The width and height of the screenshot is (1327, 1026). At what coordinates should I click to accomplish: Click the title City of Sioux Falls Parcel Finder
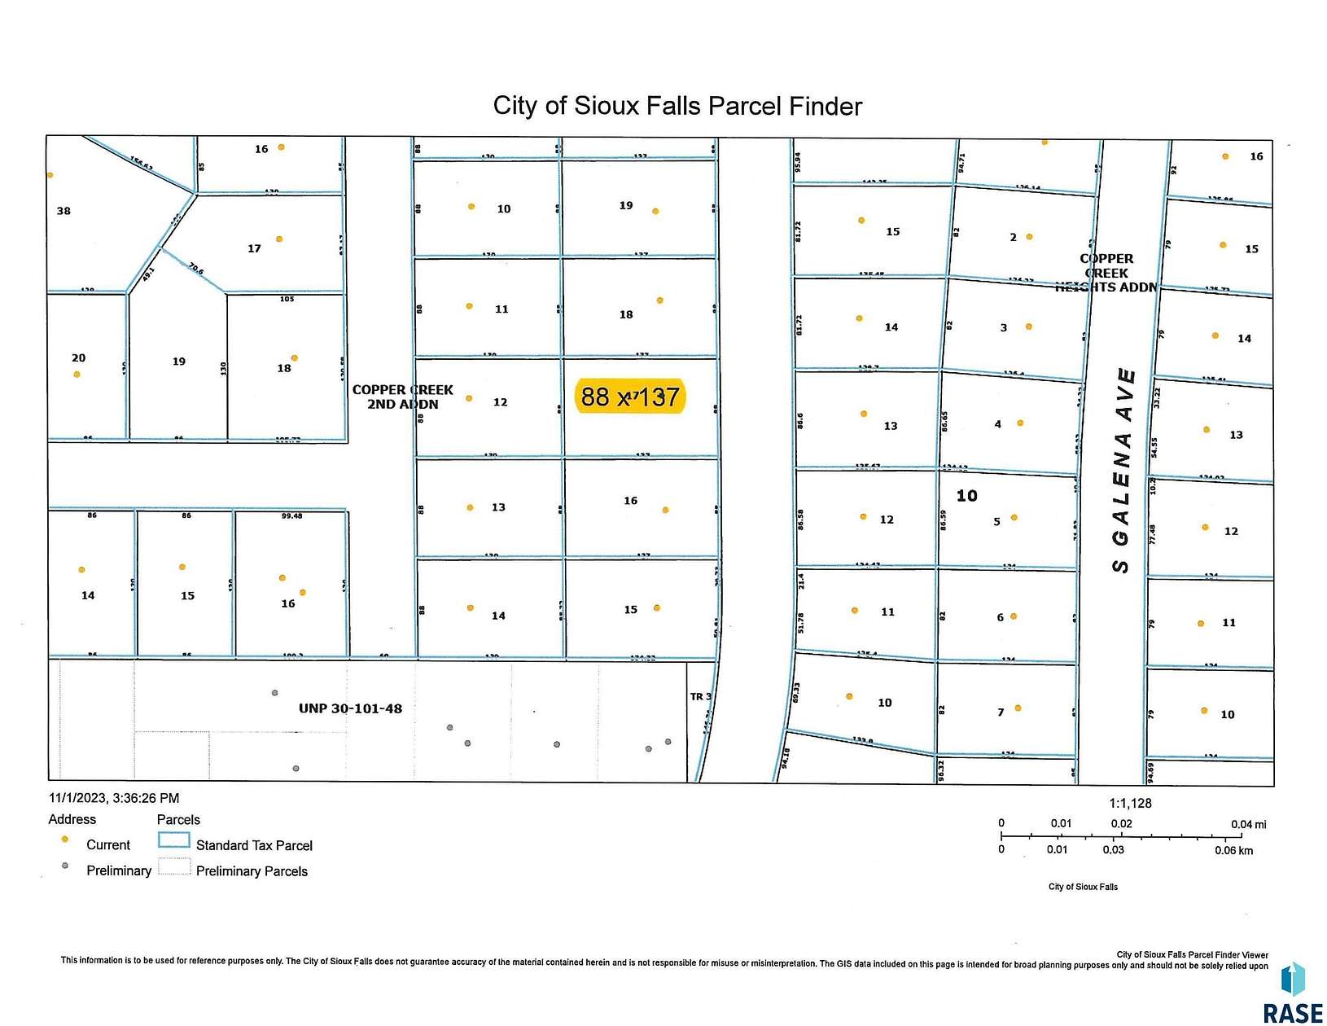(x=677, y=107)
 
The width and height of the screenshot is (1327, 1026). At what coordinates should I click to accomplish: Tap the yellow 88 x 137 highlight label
(x=630, y=397)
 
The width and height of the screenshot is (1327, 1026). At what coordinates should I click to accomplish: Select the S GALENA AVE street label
(x=1123, y=471)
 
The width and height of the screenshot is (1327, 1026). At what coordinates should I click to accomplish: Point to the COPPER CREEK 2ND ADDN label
(x=402, y=397)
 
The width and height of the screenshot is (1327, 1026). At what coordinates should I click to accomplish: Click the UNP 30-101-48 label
(x=350, y=708)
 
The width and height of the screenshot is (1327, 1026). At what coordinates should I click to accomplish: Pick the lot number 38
(x=64, y=211)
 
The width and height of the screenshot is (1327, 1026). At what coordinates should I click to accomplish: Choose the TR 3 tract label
(x=700, y=696)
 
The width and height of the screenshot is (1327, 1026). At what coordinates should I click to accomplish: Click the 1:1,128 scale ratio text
(x=1130, y=803)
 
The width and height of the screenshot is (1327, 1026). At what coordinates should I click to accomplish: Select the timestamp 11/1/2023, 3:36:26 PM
(x=114, y=798)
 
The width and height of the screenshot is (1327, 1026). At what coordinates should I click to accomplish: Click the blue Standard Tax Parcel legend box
(x=173, y=841)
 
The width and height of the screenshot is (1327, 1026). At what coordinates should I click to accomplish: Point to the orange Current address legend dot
(x=65, y=839)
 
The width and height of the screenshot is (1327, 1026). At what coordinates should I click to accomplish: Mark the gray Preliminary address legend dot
(x=65, y=866)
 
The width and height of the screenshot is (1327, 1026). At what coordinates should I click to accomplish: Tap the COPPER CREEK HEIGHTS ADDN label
(x=1106, y=273)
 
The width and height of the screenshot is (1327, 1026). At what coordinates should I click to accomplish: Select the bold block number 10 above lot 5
(x=966, y=496)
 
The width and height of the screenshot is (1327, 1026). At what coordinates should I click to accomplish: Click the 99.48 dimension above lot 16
(x=291, y=515)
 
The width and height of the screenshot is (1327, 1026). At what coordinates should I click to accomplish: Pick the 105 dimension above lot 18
(x=287, y=299)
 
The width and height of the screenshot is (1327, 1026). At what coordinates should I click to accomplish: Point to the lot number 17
(x=254, y=248)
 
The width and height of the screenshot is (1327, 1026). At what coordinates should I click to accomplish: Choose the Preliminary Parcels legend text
(x=252, y=871)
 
